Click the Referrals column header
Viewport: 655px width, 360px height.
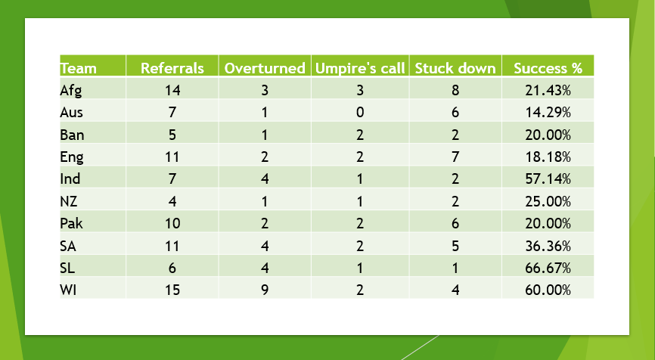(172, 68)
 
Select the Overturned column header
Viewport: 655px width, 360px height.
(265, 68)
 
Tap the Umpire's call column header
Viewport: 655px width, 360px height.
(360, 68)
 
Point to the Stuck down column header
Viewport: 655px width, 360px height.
(455, 68)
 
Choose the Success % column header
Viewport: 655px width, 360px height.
(548, 68)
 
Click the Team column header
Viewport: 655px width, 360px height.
(78, 68)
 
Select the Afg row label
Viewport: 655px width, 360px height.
(71, 91)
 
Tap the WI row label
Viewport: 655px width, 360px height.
(69, 290)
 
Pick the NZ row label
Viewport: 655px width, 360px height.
(69, 201)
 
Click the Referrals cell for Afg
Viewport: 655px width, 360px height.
(172, 90)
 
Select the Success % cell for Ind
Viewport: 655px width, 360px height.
(548, 178)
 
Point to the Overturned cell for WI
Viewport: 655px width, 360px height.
(265, 290)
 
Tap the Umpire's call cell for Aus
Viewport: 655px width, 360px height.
(360, 113)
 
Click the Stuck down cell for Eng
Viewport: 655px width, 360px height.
(455, 157)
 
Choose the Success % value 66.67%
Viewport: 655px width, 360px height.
(548, 268)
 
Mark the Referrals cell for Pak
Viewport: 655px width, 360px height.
(172, 223)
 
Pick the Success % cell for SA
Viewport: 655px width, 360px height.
(548, 246)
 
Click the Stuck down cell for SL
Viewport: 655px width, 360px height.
(455, 268)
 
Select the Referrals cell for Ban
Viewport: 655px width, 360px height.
(172, 135)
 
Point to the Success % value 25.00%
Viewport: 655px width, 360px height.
(548, 201)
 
